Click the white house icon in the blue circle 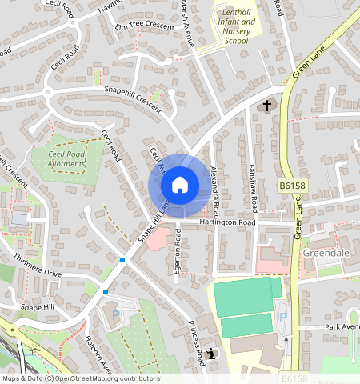click(180, 186)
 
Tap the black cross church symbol click(268, 106)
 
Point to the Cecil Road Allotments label click(66, 159)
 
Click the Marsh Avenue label click(186, 22)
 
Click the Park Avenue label click(343, 326)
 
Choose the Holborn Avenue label click(98, 354)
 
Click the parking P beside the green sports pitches click(282, 318)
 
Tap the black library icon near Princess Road click(210, 354)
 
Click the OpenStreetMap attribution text click(80, 378)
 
